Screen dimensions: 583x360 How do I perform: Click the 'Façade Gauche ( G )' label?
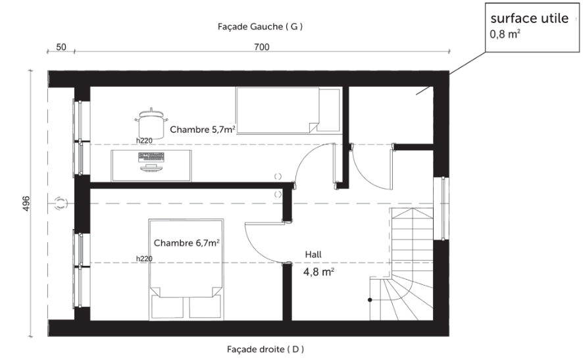click(x=260, y=27)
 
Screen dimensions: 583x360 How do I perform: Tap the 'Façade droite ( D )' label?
click(x=265, y=349)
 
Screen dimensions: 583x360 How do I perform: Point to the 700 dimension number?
click(x=262, y=47)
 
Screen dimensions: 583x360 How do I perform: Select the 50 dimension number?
click(x=61, y=47)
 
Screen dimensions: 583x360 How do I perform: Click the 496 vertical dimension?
click(x=26, y=204)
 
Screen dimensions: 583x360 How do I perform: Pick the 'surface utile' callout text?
click(x=530, y=18)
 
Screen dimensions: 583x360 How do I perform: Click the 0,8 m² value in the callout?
click(x=505, y=34)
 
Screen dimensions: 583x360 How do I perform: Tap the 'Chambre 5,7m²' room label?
click(x=202, y=130)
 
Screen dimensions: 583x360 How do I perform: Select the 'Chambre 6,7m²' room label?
click(x=186, y=243)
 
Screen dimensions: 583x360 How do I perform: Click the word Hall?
click(x=313, y=255)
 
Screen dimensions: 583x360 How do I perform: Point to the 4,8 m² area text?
click(x=318, y=272)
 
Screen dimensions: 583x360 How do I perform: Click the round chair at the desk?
click(x=151, y=123)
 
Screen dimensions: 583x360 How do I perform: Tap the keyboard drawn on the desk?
click(x=151, y=157)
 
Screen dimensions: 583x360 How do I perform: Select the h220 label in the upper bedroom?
click(x=144, y=141)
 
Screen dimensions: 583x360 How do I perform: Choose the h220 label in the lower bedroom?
click(x=144, y=259)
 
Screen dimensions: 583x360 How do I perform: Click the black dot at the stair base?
click(x=370, y=299)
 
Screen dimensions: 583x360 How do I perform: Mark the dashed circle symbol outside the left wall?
click(x=61, y=203)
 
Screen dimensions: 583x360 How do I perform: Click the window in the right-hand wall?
click(x=442, y=208)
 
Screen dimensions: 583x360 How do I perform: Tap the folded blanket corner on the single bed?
click(x=314, y=127)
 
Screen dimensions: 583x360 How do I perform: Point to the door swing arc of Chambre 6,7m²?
click(x=257, y=251)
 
